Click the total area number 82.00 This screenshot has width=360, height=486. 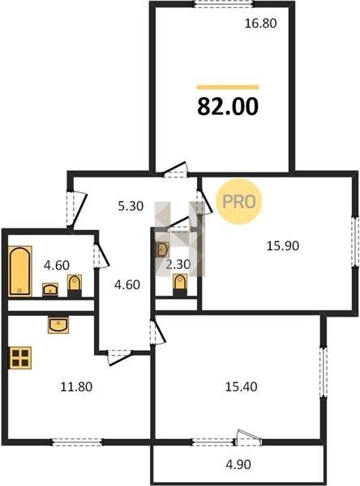(x=228, y=106)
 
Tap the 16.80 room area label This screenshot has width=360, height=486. (x=261, y=23)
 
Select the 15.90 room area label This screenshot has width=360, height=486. (x=283, y=245)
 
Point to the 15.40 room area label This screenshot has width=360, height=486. (x=241, y=387)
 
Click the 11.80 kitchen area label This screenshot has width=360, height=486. (x=76, y=387)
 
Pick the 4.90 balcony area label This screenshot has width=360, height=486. (x=238, y=465)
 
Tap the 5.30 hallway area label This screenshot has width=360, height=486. (x=131, y=206)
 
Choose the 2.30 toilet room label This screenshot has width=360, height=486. (x=178, y=264)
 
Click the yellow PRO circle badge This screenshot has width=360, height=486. (x=239, y=202)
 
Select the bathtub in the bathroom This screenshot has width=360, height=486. (x=20, y=271)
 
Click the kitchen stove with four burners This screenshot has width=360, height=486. (x=20, y=358)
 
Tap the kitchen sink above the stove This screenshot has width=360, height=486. (x=58, y=325)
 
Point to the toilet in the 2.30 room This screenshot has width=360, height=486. (x=180, y=285)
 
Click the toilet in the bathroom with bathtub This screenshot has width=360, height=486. (x=75, y=285)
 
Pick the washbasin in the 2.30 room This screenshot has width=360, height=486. (x=162, y=249)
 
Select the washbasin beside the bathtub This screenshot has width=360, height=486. (x=50, y=289)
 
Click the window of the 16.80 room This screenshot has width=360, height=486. (x=224, y=3)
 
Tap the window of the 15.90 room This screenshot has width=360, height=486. (x=355, y=241)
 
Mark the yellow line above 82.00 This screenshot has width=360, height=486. (x=228, y=87)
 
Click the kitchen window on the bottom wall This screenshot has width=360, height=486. (x=77, y=442)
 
